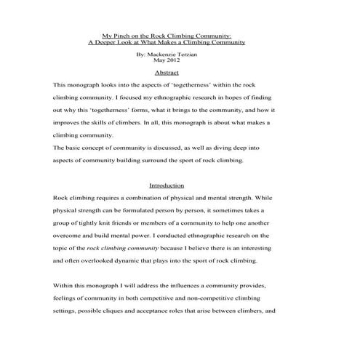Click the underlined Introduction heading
tap(166, 185)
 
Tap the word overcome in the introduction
tap(71, 235)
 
